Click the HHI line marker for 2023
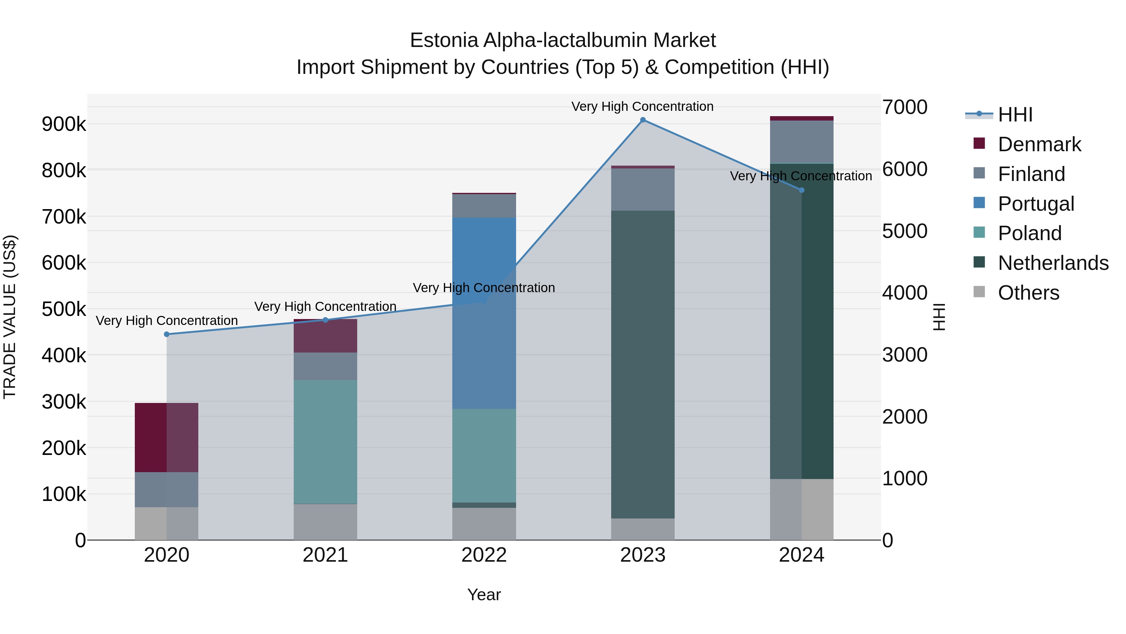(642, 120)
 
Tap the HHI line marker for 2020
(166, 334)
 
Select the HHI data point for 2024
(801, 190)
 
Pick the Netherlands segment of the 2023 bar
(642, 363)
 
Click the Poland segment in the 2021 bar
(325, 442)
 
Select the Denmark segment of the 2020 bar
(166, 438)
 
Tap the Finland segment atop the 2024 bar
(801, 141)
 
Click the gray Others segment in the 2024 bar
(801, 510)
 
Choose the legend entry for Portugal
(1036, 204)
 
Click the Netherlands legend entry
(1052, 263)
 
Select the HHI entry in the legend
(1015, 115)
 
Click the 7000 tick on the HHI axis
(904, 107)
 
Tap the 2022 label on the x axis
(484, 555)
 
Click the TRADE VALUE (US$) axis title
(10, 317)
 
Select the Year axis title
(484, 595)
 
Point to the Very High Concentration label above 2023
(642, 106)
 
